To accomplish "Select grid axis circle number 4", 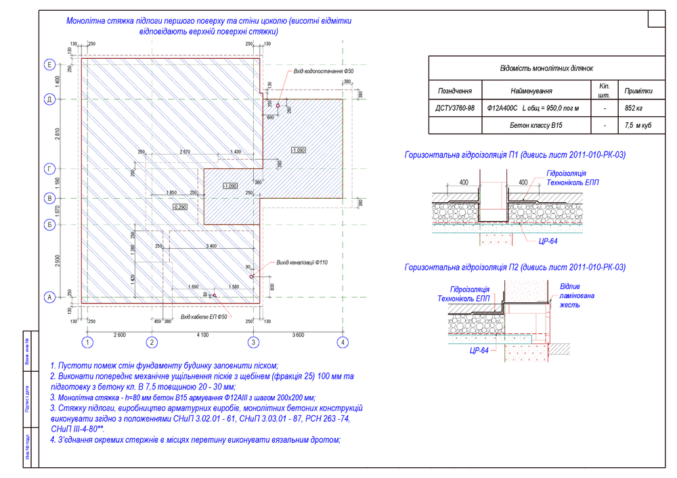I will pos(343,342).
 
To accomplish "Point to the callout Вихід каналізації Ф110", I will pos(302,262).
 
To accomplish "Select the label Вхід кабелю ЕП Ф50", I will pos(206,316).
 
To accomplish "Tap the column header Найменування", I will pos(531,91).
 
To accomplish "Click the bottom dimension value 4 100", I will pos(201,335).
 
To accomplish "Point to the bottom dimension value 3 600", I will pos(299,335).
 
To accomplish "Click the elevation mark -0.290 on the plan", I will pos(180,207).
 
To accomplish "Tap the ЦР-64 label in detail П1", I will pos(548,241).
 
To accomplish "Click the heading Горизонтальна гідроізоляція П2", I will pos(515,268).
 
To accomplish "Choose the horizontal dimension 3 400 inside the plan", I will pos(211,246).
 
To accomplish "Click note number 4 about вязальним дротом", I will pos(195,440).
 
